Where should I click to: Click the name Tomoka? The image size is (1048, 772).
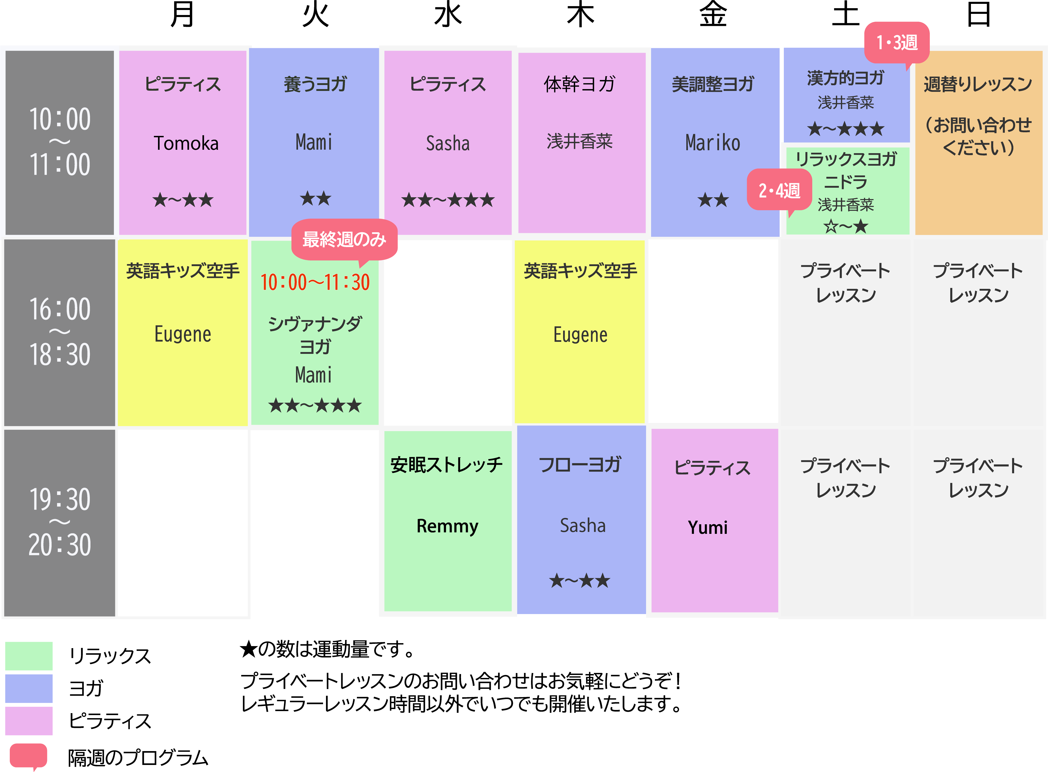click(186, 143)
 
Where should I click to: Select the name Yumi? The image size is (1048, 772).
click(708, 528)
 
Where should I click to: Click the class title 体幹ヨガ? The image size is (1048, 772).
click(580, 84)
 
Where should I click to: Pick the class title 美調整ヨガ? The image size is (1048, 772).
click(713, 84)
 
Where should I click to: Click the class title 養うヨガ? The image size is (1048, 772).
click(315, 84)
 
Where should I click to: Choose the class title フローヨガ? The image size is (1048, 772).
click(580, 465)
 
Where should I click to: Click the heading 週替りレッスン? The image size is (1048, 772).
click(978, 84)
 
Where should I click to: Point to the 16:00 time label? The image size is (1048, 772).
click(60, 309)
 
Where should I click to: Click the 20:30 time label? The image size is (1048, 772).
click(60, 545)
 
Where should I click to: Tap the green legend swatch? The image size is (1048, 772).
click(29, 656)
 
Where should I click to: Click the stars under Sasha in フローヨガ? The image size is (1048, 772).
click(580, 581)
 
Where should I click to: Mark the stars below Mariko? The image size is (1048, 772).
click(713, 200)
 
